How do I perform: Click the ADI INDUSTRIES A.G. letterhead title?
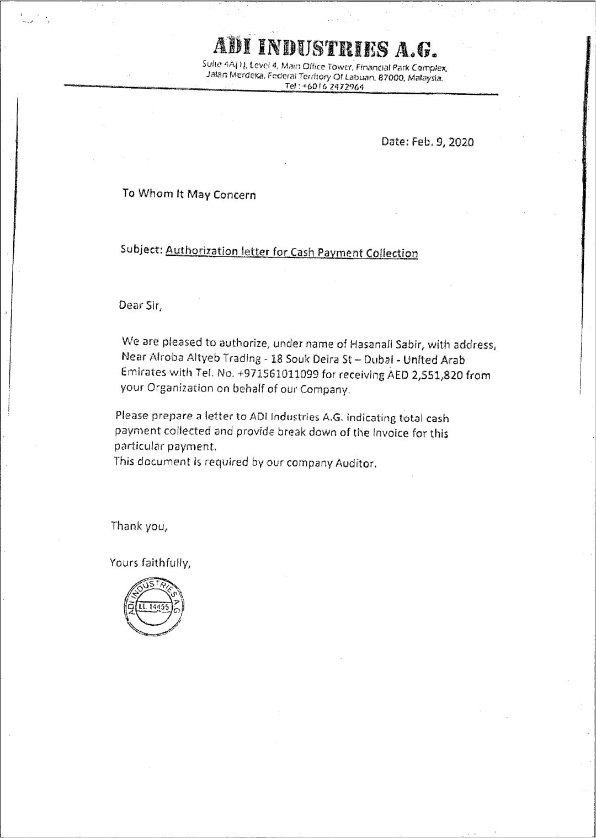[326, 49]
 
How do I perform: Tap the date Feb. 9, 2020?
[428, 142]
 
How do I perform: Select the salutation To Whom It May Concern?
[189, 194]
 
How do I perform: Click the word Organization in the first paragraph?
[176, 389]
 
